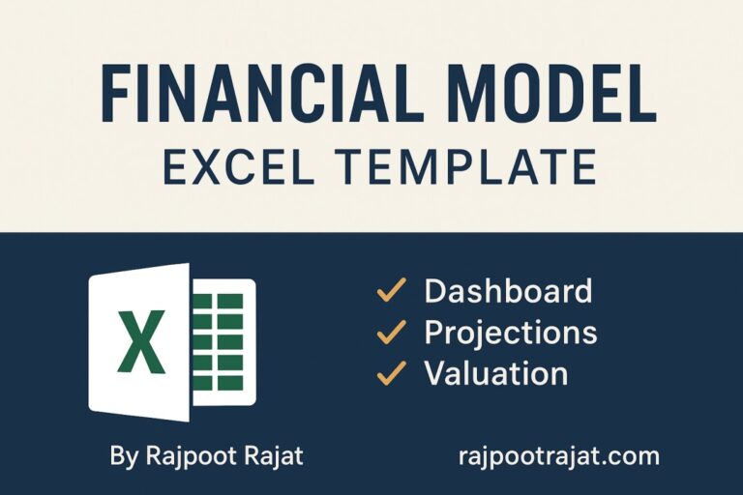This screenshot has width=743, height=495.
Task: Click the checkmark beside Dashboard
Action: tap(391, 290)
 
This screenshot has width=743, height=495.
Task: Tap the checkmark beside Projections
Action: tap(391, 333)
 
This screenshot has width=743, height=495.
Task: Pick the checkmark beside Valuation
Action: tap(391, 373)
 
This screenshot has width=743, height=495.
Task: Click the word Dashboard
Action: tap(508, 290)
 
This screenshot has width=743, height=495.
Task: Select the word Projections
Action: tap(511, 333)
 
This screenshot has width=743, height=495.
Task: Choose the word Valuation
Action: tap(496, 373)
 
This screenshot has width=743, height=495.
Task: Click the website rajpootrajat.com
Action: tap(559, 455)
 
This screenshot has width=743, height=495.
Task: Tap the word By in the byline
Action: tap(123, 455)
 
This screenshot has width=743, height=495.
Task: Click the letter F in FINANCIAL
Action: tap(116, 96)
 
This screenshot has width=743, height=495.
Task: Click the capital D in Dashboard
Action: tap(436, 290)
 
